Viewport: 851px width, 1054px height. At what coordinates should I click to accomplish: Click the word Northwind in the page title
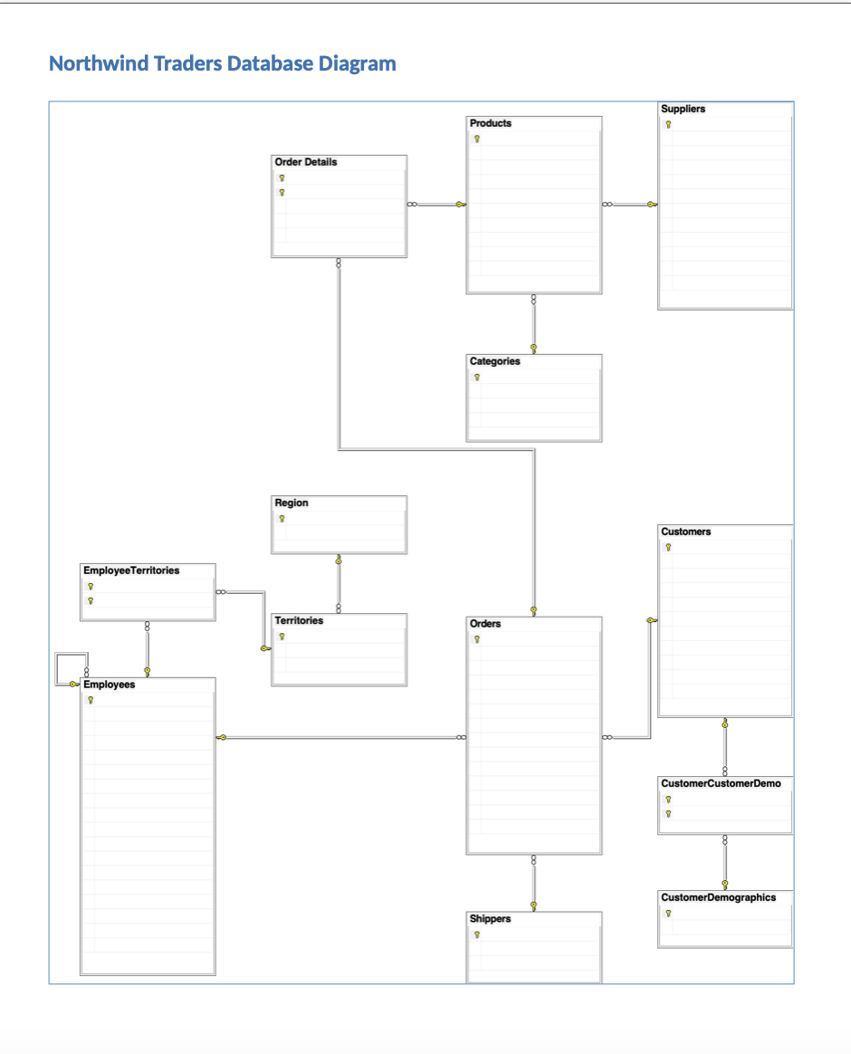[98, 63]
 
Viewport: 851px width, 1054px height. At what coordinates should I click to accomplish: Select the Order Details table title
[306, 162]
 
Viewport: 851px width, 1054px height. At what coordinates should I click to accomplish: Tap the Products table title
[491, 123]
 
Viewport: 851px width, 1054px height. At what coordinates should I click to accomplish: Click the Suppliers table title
[683, 109]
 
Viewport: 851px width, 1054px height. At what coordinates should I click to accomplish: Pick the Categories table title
[494, 361]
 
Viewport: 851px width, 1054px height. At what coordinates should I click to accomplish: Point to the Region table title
[292, 503]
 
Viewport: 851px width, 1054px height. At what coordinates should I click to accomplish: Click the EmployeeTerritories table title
[131, 570]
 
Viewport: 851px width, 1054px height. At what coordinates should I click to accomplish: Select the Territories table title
[299, 620]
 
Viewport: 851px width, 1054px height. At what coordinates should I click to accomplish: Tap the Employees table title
[109, 685]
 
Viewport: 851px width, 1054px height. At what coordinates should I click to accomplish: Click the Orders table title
[484, 624]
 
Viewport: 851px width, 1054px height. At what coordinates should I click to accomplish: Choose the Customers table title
[685, 532]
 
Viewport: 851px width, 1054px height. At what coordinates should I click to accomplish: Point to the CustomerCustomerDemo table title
[721, 784]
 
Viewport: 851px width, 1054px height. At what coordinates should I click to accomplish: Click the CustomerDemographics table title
[718, 898]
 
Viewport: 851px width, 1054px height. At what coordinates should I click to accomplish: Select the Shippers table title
[490, 919]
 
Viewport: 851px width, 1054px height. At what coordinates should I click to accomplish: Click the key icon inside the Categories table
[477, 377]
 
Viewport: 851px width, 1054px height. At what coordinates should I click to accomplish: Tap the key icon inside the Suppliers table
[668, 124]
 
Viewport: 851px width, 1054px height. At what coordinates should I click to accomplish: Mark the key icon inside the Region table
[282, 519]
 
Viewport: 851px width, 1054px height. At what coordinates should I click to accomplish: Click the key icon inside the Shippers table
[477, 935]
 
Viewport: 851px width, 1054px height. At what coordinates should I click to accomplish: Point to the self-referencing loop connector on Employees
[56, 669]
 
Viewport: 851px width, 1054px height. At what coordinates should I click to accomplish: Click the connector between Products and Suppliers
[630, 205]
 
